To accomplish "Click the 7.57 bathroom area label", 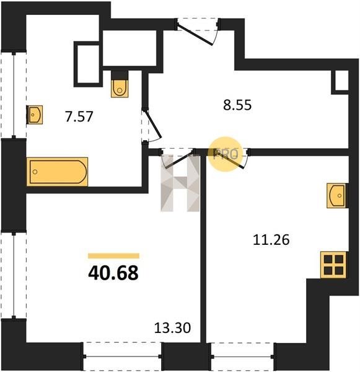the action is pyautogui.click(x=79, y=117).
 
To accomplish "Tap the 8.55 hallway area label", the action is pyautogui.click(x=237, y=105).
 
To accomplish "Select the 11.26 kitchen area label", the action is pyautogui.click(x=271, y=239).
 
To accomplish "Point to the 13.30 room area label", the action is pyautogui.click(x=172, y=328).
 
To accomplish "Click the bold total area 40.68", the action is pyautogui.click(x=113, y=273).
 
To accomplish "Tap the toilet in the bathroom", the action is pyautogui.click(x=120, y=84).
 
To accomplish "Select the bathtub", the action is pyautogui.click(x=57, y=172).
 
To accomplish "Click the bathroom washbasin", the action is pyautogui.click(x=35, y=115).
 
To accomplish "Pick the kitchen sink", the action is pyautogui.click(x=337, y=196).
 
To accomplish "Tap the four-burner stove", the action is pyautogui.click(x=333, y=265).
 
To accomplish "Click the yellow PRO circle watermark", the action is pyautogui.click(x=226, y=154).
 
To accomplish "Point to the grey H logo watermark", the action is pyautogui.click(x=180, y=183).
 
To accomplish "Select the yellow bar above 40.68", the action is pyautogui.click(x=113, y=255).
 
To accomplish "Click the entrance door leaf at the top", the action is pyautogui.click(x=195, y=35).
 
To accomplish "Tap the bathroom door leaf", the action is pyautogui.click(x=153, y=123).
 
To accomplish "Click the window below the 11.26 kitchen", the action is pyautogui.click(x=242, y=356).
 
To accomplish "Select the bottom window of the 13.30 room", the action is pyautogui.click(x=122, y=356).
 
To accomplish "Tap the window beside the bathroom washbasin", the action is pyautogui.click(x=14, y=95).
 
